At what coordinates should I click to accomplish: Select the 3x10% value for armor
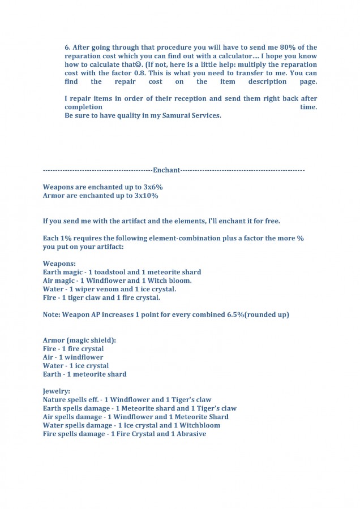click(146, 196)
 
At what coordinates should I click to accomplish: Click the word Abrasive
click(191, 434)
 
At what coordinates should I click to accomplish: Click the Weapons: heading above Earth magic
click(58, 264)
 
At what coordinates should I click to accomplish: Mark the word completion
click(83, 107)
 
